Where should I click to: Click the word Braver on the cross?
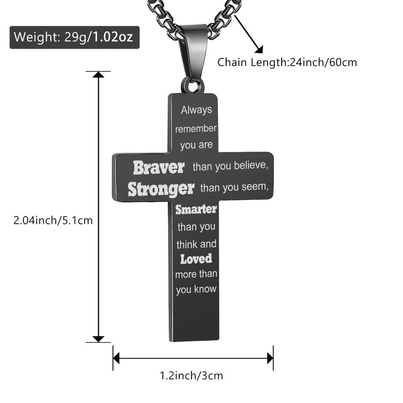click(159, 167)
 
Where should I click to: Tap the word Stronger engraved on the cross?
click(161, 189)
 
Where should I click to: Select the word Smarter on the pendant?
click(196, 209)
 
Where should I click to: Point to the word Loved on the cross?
click(196, 259)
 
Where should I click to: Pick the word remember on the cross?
click(196, 128)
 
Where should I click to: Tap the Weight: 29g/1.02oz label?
click(74, 37)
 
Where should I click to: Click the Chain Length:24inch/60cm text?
click(287, 63)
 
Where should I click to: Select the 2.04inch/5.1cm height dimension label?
click(53, 220)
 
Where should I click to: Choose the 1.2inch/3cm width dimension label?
click(191, 375)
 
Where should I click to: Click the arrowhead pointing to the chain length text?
click(260, 49)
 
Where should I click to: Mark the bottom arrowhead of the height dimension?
click(98, 339)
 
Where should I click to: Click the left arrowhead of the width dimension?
click(117, 359)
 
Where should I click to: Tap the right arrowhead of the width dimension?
click(270, 359)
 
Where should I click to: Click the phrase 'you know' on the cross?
click(196, 290)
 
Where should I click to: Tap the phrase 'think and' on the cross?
click(196, 244)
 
